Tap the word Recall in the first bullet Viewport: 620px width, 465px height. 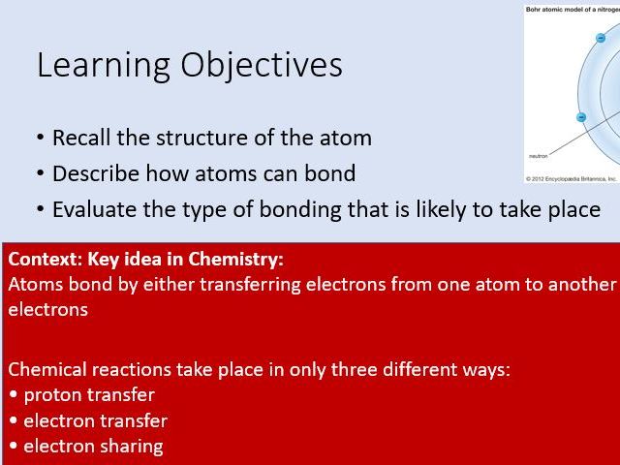tap(78, 138)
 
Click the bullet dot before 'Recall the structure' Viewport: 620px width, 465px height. tap(40, 139)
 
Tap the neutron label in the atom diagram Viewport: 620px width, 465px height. tap(540, 155)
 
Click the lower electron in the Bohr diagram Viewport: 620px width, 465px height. tap(581, 117)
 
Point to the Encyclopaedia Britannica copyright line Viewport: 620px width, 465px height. tap(572, 178)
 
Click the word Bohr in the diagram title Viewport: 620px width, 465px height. tap(536, 8)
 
